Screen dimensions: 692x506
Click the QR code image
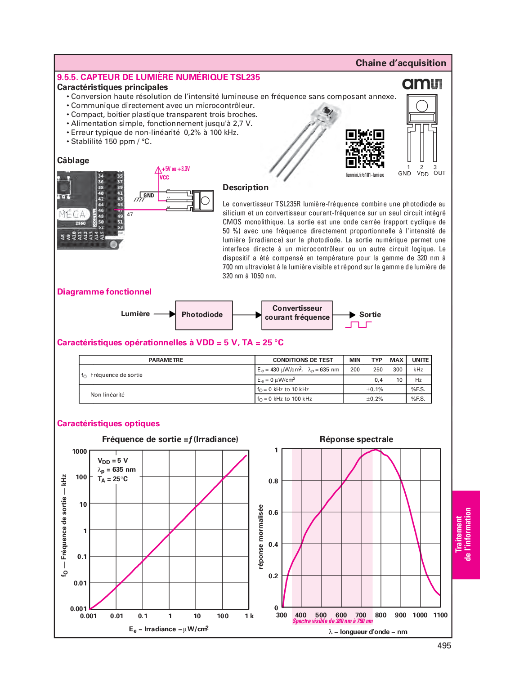(x=365, y=148)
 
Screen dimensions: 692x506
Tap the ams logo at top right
(x=422, y=84)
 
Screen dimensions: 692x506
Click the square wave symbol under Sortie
(x=358, y=325)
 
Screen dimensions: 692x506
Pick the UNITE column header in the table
(x=420, y=360)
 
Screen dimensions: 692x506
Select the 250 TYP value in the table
(x=378, y=370)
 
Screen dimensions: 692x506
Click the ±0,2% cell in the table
(x=375, y=399)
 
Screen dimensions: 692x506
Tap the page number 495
(x=444, y=646)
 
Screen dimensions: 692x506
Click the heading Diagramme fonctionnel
(x=104, y=292)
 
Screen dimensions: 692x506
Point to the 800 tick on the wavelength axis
(x=381, y=615)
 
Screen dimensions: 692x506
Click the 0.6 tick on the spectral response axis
(x=273, y=513)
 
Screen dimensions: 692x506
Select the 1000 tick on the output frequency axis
(x=80, y=451)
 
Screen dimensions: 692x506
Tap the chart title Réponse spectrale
(x=356, y=439)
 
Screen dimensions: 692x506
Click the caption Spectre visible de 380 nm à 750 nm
(x=333, y=621)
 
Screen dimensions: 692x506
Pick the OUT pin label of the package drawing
(x=439, y=173)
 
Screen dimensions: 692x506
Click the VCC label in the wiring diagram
(x=164, y=178)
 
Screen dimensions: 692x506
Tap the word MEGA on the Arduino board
(x=72, y=214)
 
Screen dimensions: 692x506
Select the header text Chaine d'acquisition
(x=401, y=63)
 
